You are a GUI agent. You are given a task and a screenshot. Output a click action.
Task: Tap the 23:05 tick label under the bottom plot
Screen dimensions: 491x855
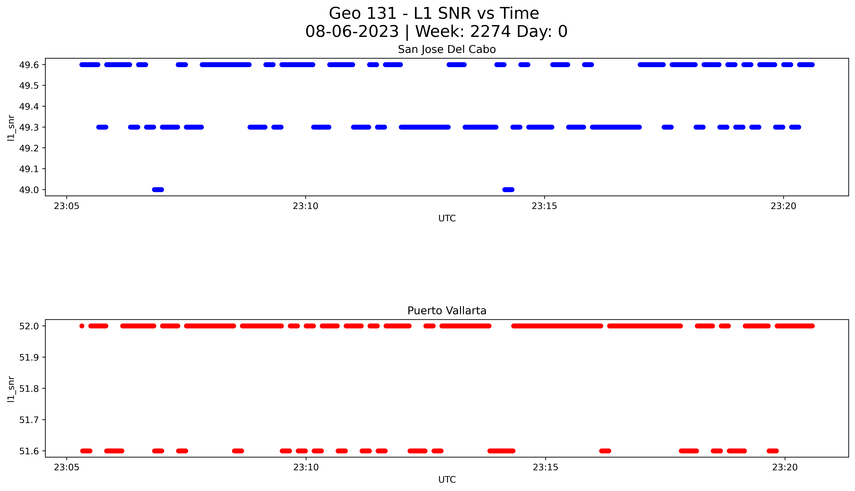click(x=67, y=467)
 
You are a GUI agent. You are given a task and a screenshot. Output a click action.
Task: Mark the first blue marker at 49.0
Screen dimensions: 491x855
click(x=158, y=190)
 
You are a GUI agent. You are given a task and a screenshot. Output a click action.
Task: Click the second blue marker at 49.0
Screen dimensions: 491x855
click(x=508, y=190)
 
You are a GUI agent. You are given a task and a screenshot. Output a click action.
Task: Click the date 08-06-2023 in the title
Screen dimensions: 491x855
click(x=352, y=32)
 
